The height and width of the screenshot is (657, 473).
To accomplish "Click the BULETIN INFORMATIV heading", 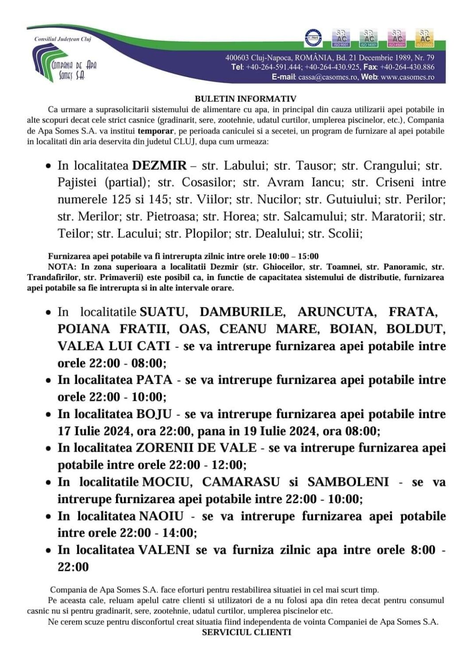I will (245, 98).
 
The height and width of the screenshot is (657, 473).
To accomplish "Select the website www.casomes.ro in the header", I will (407, 77).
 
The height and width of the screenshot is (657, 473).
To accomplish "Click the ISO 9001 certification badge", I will (341, 38).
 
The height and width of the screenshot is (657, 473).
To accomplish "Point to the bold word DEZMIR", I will (159, 166).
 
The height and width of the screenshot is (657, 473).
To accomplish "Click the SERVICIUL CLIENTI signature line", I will (246, 632).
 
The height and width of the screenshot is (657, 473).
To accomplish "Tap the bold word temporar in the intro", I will (155, 131).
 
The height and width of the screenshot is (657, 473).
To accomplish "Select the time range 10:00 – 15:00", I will (293, 256).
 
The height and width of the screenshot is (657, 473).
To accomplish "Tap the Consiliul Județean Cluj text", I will (62, 39).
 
